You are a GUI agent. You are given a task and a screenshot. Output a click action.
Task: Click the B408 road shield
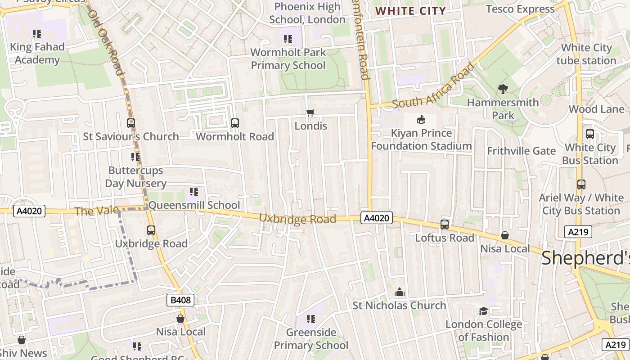[181, 300]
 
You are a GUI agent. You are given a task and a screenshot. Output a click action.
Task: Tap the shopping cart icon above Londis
[310, 112]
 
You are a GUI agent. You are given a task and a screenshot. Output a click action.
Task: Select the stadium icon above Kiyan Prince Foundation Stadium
[421, 119]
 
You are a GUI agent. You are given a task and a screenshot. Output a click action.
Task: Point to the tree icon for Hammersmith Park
[503, 89]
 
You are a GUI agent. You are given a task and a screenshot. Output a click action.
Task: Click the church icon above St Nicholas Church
[399, 292]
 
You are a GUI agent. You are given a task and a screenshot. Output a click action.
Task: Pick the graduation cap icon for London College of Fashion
[483, 311]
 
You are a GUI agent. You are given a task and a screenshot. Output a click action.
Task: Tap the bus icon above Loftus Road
[445, 224]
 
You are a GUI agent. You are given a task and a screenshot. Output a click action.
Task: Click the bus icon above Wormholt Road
[234, 123]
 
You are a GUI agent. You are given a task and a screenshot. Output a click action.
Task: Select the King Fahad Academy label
[37, 53]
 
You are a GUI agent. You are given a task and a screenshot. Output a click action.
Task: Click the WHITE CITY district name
[410, 11]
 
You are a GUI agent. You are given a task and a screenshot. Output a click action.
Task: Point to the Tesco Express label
[520, 9]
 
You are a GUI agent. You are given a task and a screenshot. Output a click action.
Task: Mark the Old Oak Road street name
[105, 43]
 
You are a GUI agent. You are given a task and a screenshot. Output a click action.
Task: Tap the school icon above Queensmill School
[194, 192]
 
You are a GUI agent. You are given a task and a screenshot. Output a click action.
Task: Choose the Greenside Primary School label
[311, 339]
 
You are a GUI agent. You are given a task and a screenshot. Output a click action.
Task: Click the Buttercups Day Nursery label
[135, 177]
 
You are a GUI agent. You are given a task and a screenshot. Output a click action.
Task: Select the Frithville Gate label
[521, 151]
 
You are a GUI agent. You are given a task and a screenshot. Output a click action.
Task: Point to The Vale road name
[97, 211]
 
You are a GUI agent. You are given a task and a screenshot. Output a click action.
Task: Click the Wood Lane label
[596, 109]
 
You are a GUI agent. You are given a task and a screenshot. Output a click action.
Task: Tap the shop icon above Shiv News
[22, 340]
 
